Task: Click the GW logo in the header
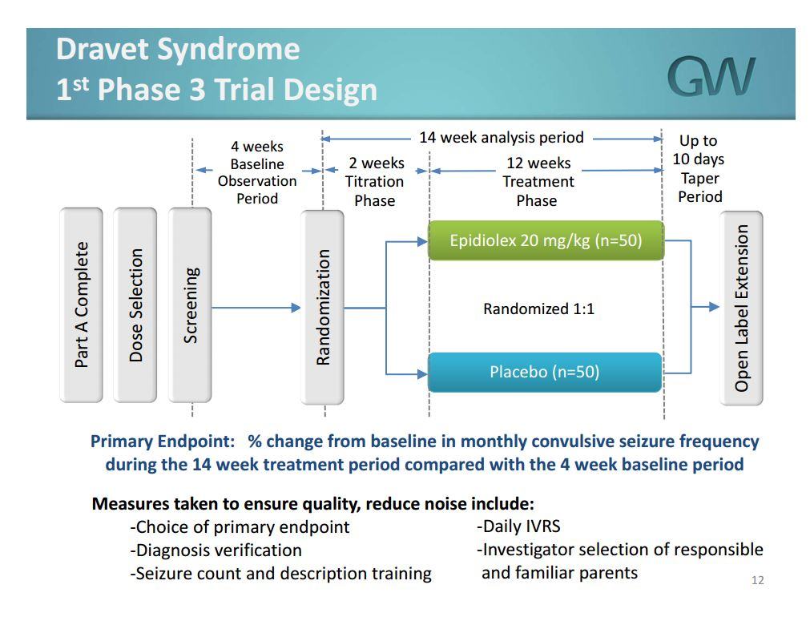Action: (711, 76)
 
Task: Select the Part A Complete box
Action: (81, 305)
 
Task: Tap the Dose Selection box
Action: (135, 305)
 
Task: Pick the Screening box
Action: (191, 305)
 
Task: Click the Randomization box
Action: (323, 307)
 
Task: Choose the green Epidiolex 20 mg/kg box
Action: (546, 240)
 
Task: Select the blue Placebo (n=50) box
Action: (545, 372)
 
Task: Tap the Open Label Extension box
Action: (741, 308)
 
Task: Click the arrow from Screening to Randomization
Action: (256, 307)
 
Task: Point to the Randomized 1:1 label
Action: (538, 308)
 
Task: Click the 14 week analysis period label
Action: (502, 138)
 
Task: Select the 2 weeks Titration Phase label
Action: (375, 182)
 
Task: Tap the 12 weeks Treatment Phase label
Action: (538, 182)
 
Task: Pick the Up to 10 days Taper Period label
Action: (699, 169)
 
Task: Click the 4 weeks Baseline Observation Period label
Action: (257, 172)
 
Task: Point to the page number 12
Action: (757, 580)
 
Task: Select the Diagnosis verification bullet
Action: (216, 550)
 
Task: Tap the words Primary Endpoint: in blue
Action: (163, 442)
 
